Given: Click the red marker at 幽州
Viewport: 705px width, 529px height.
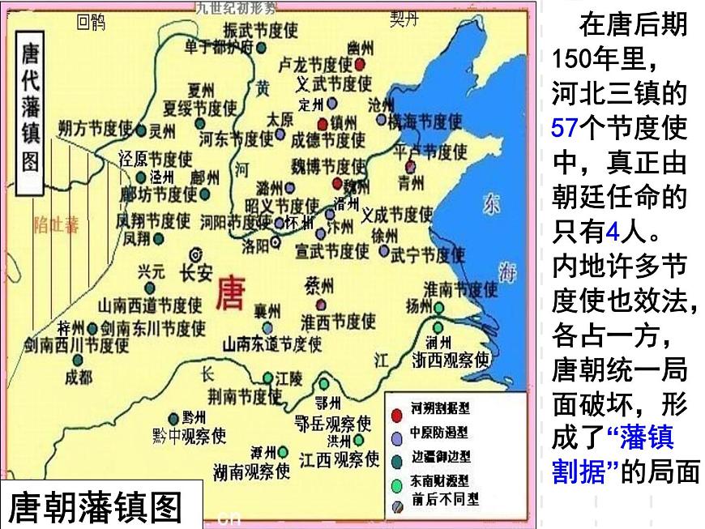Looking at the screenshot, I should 359,64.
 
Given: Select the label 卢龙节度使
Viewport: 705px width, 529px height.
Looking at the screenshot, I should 315,64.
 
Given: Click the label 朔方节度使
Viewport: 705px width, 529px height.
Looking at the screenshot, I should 95,129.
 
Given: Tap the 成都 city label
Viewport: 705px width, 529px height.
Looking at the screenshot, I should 79,377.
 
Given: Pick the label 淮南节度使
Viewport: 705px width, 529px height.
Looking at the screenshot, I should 460,289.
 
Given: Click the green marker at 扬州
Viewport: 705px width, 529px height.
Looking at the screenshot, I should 438,308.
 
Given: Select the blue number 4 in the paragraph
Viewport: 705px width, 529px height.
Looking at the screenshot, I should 613,233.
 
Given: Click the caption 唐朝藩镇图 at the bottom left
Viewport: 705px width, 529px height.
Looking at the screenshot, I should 95,507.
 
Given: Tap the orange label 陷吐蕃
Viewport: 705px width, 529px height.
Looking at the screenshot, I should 56,225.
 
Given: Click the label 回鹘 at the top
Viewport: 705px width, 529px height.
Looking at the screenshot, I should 91,23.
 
